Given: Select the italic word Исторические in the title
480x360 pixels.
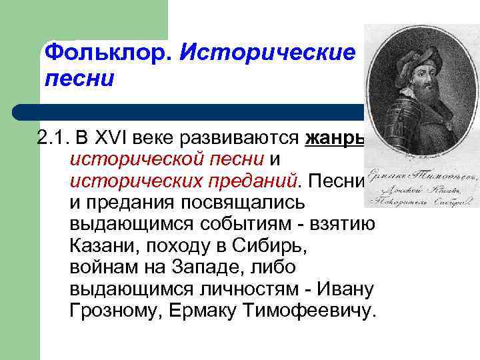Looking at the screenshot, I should tap(267, 52).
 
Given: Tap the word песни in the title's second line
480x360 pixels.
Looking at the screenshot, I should tap(79, 79).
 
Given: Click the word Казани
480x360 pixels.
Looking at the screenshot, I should tap(99, 247).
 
